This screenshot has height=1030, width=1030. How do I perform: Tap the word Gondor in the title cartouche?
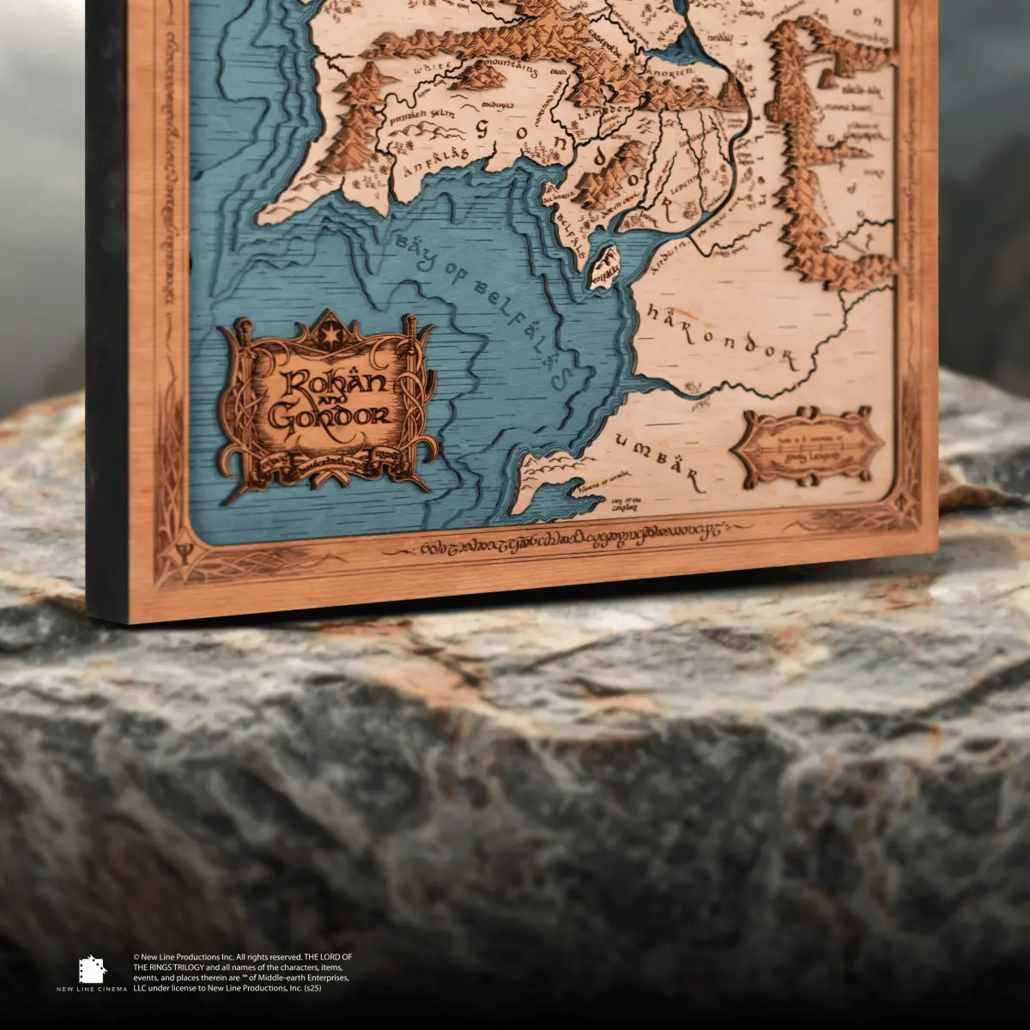(x=329, y=418)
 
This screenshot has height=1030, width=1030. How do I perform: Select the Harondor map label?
(x=718, y=334)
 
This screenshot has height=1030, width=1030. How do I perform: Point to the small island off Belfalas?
(x=606, y=261)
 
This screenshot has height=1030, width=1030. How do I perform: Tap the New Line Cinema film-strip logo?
(x=92, y=969)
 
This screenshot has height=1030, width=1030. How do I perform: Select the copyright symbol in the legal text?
(x=136, y=956)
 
